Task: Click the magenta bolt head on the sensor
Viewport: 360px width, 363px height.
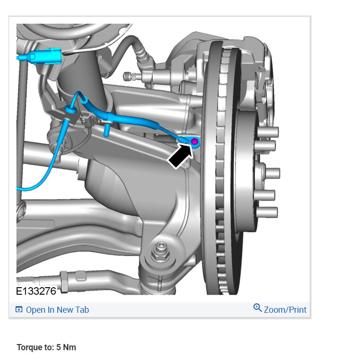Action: [195, 141]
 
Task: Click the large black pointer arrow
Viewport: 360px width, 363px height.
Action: [181, 155]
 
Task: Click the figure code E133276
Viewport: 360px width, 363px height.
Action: [36, 291]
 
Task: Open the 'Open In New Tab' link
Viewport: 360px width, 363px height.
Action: [57, 310]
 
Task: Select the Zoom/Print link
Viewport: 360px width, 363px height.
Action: [285, 310]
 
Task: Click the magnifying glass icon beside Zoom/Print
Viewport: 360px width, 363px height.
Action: [258, 308]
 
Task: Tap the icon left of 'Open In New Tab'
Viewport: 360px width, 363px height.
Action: [19, 309]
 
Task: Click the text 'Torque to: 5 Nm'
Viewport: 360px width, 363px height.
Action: [46, 347]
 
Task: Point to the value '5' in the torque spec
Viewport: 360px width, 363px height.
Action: [59, 347]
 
